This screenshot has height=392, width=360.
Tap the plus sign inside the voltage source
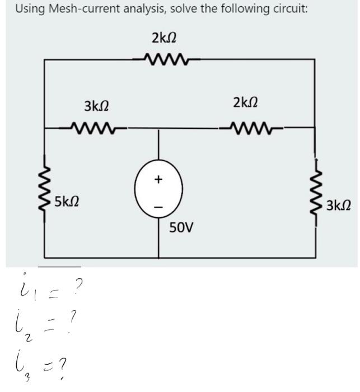(158, 180)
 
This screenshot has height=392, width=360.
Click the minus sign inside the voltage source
(158, 207)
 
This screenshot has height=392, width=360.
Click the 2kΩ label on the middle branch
(245, 102)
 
